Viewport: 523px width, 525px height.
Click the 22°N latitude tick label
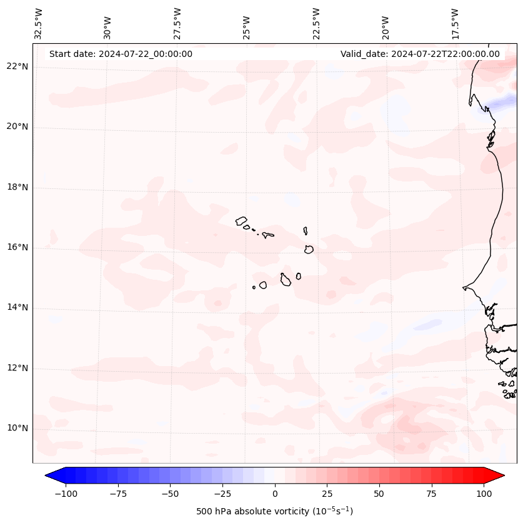coord(17,66)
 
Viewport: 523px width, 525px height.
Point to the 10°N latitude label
coord(17,428)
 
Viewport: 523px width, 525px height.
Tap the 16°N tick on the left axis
coord(17,247)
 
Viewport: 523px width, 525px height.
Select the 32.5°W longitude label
coord(39,24)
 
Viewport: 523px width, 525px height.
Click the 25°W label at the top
coord(247,28)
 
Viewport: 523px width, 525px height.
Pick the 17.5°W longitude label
coord(455,24)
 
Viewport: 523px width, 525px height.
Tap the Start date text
coord(121,54)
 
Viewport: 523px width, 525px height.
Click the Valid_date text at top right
coord(420,54)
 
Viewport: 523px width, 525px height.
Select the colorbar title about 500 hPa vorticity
coord(274,511)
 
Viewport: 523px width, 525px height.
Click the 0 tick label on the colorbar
coord(275,494)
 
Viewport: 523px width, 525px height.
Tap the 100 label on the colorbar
coord(484,494)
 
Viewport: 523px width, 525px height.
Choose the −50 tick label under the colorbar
coord(170,494)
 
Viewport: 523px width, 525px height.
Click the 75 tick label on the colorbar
coord(432,494)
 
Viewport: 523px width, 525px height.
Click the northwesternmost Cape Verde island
coord(241,220)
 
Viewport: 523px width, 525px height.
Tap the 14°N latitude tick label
coord(17,307)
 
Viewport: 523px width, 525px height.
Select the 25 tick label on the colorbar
coord(327,494)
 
